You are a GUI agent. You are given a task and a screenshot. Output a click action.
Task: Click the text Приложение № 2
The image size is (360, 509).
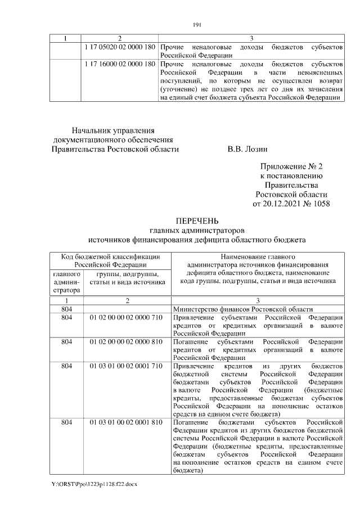(291, 167)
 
